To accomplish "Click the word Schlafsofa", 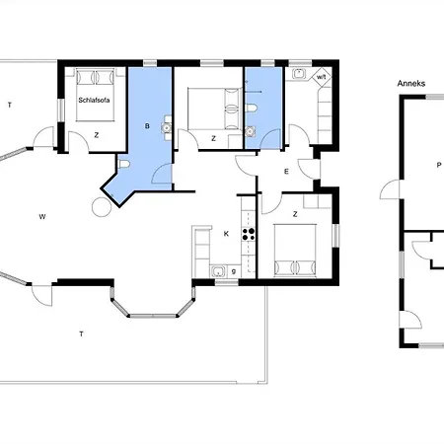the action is point(94,100).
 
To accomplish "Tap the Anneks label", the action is point(411,84).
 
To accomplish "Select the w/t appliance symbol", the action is point(321,77).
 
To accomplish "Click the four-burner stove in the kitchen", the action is point(249,234).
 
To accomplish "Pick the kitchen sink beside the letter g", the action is point(217,271).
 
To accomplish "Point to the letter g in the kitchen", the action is point(234,271).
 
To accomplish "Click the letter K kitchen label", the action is point(226,234).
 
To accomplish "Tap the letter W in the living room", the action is point(42,217).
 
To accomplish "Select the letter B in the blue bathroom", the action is point(147,126).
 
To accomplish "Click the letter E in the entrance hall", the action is point(286,172).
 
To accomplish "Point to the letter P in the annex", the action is point(438,165).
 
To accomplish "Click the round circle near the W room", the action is point(102,207).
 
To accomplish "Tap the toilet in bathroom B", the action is point(123,164).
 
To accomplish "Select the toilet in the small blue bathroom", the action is point(251,108).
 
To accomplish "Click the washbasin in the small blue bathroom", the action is point(251,131).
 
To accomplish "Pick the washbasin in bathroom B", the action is point(167,127).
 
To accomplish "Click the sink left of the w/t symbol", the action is point(299,74).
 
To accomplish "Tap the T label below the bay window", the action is point(81,334).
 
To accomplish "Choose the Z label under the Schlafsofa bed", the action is point(97,135).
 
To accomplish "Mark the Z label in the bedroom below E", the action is point(295,214).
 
